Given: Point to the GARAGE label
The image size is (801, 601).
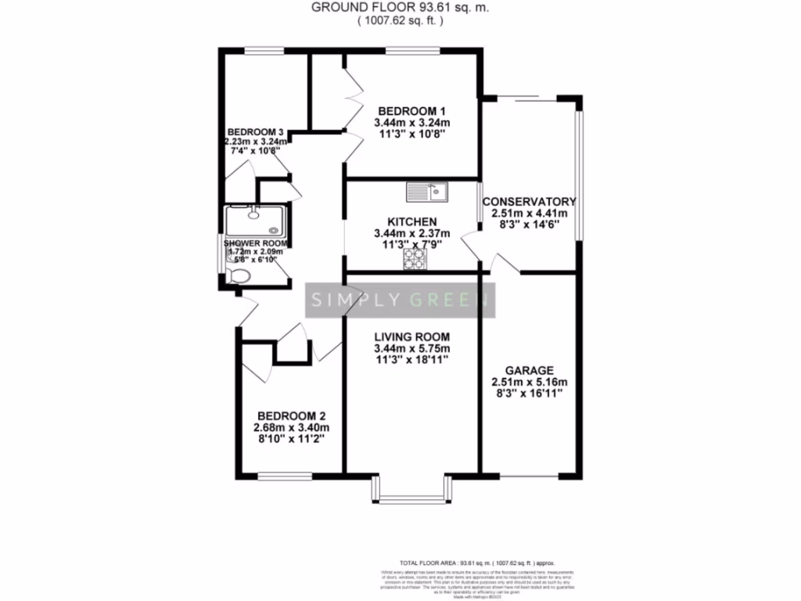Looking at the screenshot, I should point(529,370).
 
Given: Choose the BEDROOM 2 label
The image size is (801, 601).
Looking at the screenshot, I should point(291,416).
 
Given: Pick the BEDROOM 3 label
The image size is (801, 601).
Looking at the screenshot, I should point(255,131).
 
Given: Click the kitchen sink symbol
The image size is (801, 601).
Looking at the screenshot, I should point(426,190).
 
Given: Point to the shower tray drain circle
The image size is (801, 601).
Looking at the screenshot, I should point(273,230).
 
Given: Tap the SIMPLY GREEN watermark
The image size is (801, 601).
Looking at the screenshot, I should point(400,299).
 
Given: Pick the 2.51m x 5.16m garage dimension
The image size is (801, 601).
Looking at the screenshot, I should point(529,382).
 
